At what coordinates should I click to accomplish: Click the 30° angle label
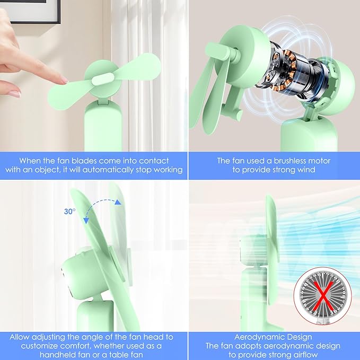pos(69,211)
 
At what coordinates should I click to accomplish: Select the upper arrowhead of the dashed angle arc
pos(118,202)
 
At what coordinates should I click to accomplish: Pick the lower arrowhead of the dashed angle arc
pos(86,221)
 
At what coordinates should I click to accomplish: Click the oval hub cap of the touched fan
pos(103,79)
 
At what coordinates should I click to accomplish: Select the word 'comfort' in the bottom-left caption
pos(74,346)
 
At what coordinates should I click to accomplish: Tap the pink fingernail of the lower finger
pos(15,93)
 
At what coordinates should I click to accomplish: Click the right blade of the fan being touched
pos(137,67)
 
